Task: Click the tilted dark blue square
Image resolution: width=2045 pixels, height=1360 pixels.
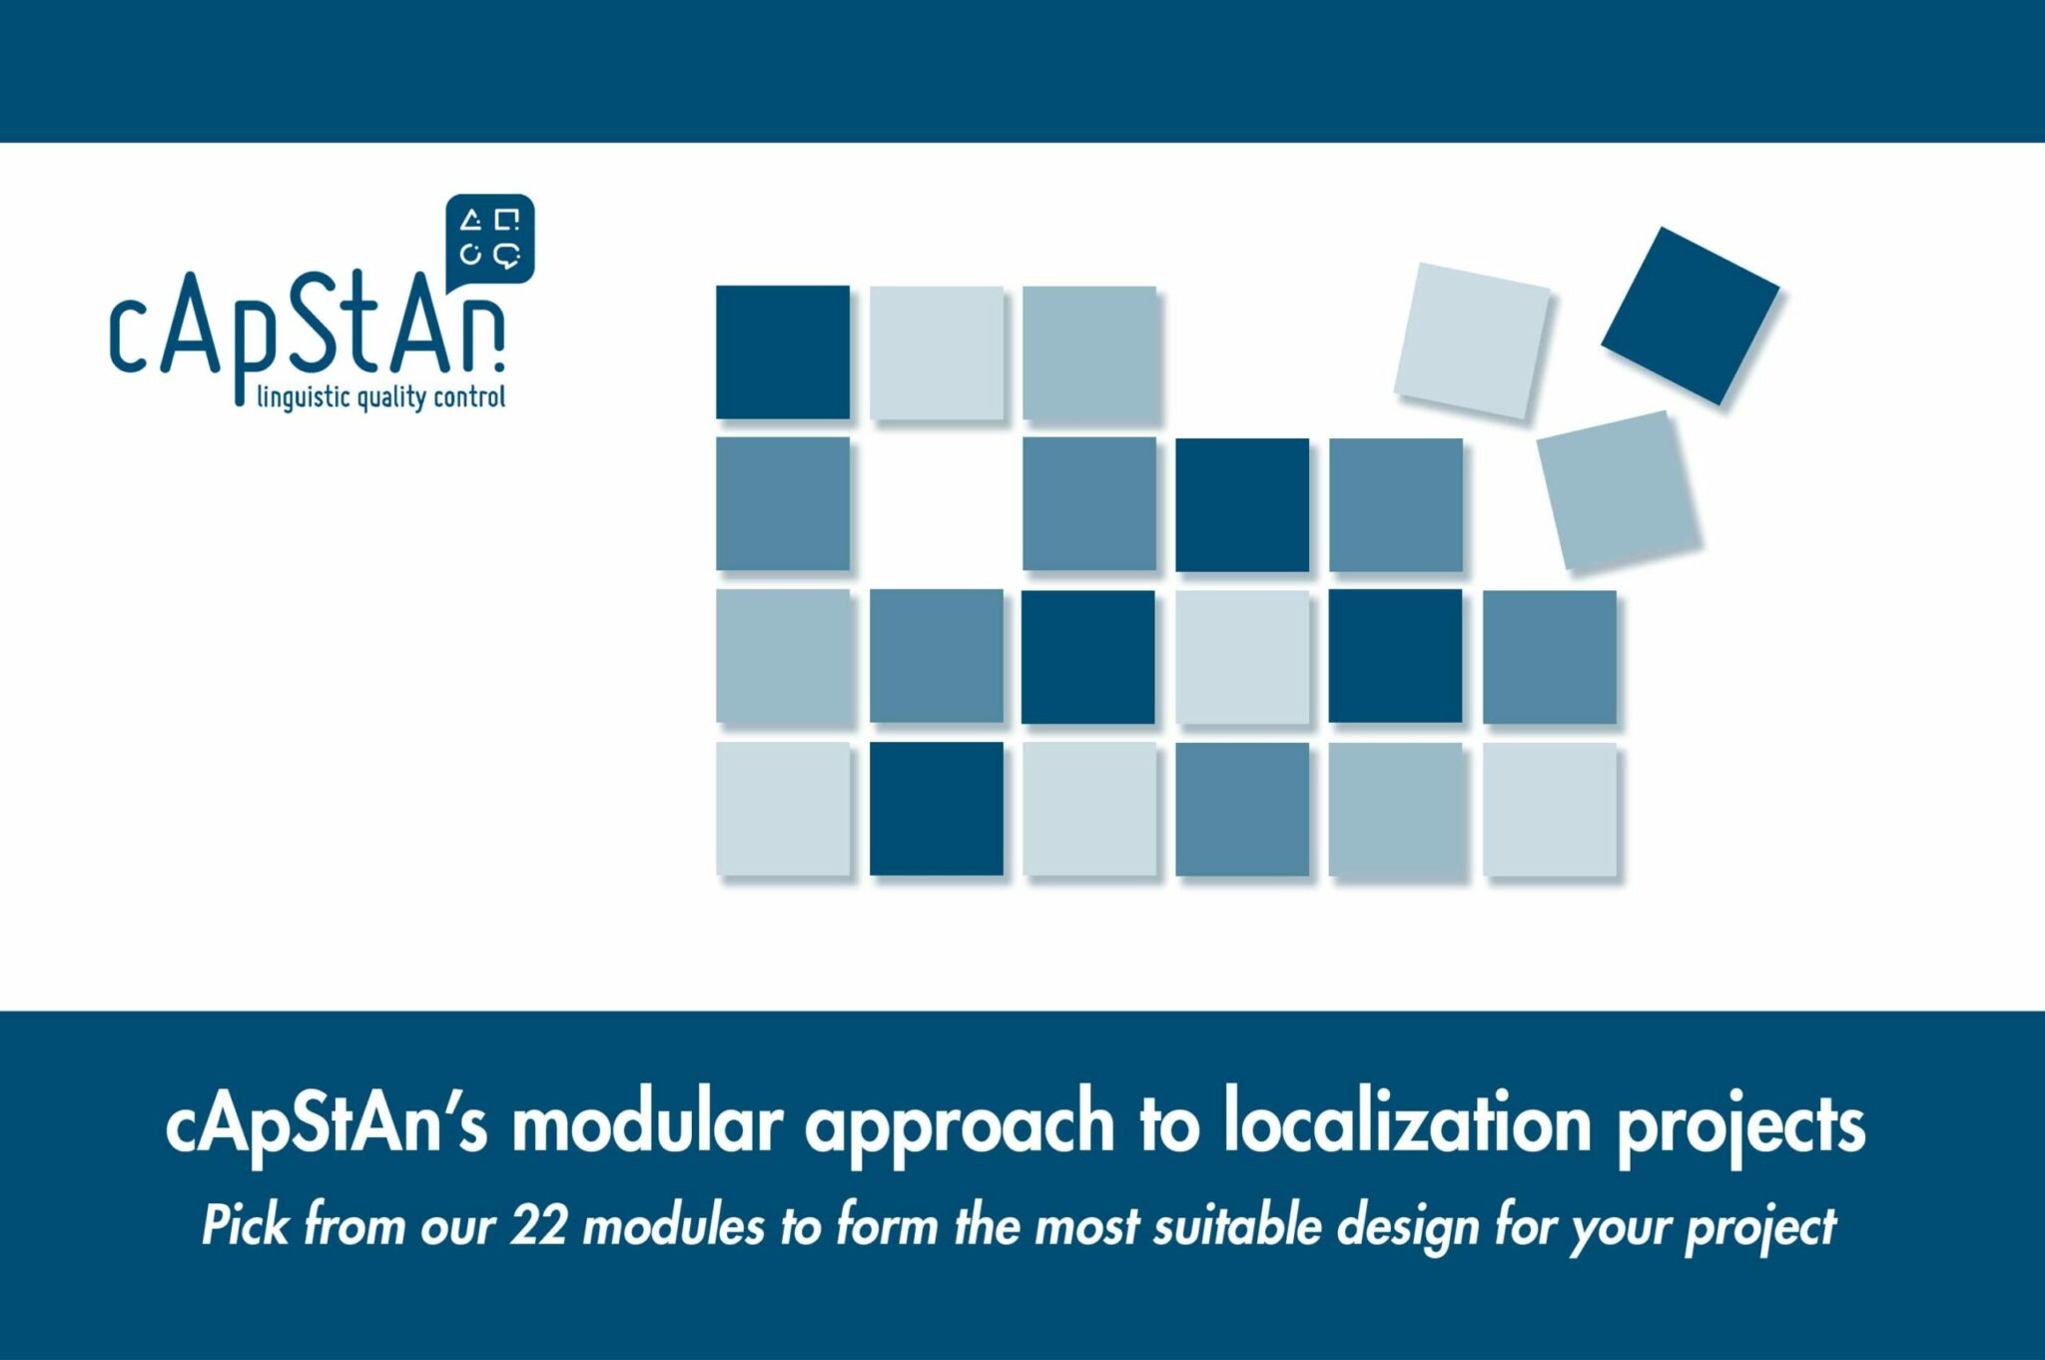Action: (1690, 316)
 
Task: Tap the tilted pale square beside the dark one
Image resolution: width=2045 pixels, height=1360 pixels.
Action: (1472, 341)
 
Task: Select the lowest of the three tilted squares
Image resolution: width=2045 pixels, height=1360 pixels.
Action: (1618, 491)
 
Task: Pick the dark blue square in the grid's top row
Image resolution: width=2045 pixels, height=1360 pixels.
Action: (783, 352)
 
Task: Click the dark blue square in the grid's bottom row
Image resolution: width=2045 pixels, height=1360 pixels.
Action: (937, 809)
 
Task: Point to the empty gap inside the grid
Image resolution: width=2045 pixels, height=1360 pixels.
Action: (937, 505)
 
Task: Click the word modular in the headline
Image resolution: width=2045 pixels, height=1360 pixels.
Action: (647, 1124)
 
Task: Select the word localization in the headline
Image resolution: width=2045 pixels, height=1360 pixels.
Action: (1408, 1124)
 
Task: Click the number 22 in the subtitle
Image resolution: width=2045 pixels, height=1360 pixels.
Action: (539, 1225)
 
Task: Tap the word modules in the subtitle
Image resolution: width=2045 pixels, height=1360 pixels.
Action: (673, 1225)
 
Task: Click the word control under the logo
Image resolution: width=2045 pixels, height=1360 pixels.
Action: (469, 397)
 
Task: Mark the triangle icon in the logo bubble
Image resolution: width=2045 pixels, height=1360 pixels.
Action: (470, 221)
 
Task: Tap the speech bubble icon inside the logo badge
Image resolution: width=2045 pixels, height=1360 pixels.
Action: (507, 255)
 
